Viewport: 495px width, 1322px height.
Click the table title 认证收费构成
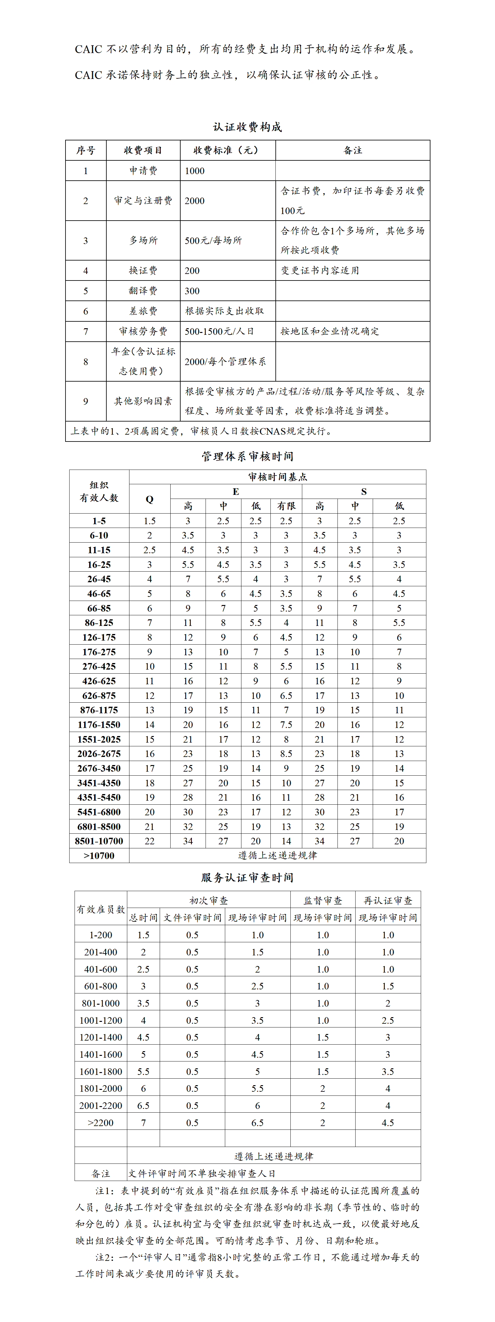247,127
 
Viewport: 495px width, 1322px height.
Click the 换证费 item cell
143,271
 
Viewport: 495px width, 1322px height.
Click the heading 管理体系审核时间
247,456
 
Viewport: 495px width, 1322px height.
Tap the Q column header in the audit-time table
149,499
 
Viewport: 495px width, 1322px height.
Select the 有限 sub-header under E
286,506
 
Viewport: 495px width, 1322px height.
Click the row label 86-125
99,622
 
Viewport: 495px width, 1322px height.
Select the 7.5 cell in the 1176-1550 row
286,724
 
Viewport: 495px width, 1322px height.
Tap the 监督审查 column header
323,900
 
